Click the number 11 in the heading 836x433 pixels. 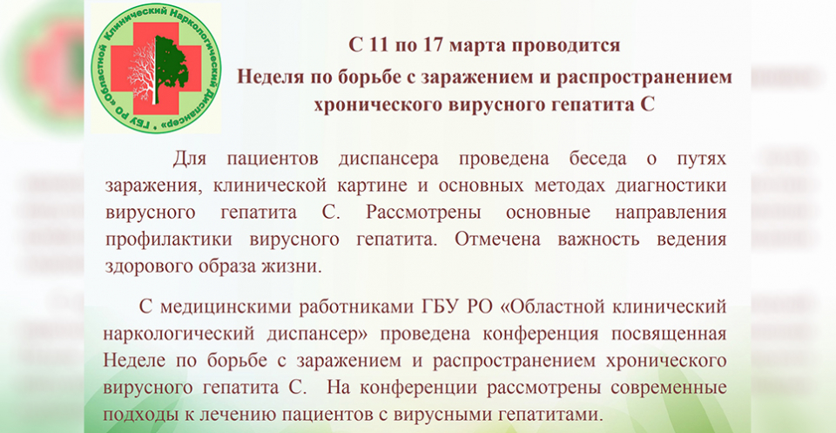376,45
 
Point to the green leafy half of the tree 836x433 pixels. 171,67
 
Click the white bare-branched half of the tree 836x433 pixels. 141,70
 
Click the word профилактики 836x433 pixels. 168,240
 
